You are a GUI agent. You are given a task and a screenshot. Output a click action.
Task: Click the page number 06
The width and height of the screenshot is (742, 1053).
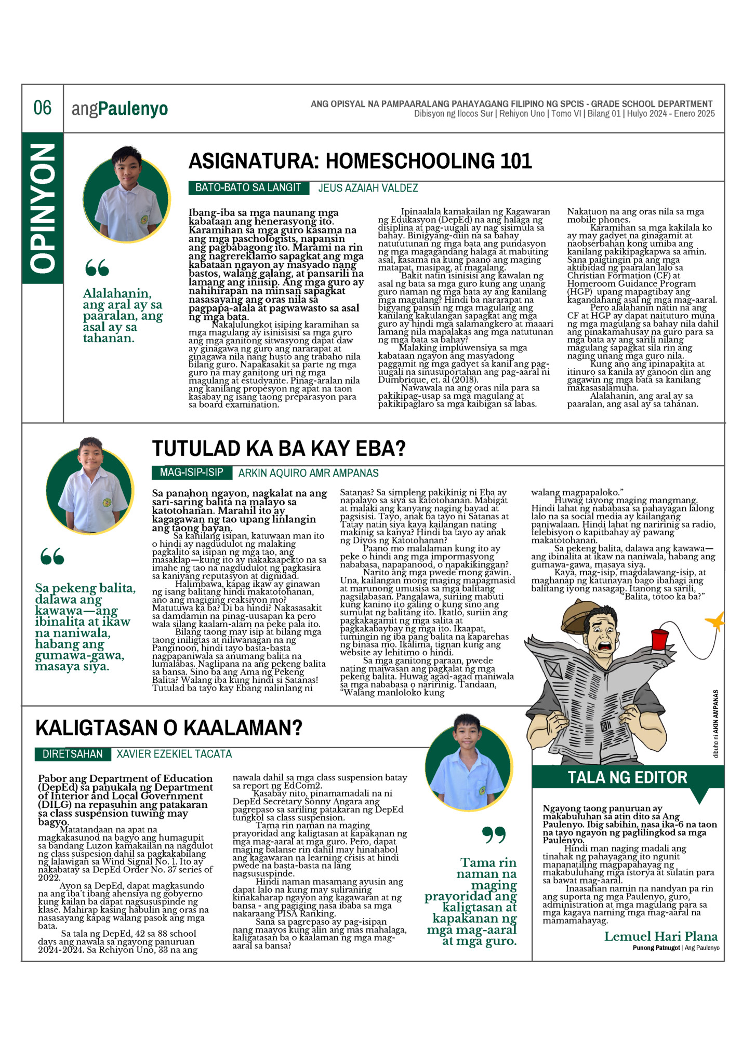pyautogui.click(x=43, y=108)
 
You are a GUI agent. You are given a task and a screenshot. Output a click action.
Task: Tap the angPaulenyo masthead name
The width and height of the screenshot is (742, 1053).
pyautogui.click(x=120, y=109)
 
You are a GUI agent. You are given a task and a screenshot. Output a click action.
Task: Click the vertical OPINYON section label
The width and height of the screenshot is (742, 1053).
pyautogui.click(x=43, y=208)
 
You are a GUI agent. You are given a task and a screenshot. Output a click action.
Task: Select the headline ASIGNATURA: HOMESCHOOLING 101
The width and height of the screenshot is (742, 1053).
pyautogui.click(x=360, y=161)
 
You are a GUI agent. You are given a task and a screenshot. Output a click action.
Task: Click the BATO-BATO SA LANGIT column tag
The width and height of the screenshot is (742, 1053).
pyautogui.click(x=248, y=188)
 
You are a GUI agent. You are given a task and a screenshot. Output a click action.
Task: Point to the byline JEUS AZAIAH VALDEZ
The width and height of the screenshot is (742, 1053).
pyautogui.click(x=368, y=188)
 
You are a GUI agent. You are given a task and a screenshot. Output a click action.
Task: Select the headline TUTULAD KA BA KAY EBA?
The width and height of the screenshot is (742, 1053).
pyautogui.click(x=279, y=449)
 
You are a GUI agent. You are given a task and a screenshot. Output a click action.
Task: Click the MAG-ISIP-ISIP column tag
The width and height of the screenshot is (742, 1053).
pyautogui.click(x=191, y=473)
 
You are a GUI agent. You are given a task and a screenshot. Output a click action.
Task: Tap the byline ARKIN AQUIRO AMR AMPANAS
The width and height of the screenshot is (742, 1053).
pyautogui.click(x=308, y=473)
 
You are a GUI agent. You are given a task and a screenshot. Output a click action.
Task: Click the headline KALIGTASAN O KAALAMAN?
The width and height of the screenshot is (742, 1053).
pyautogui.click(x=169, y=728)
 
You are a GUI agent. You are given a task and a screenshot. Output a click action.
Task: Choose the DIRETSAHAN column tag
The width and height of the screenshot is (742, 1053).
pyautogui.click(x=73, y=754)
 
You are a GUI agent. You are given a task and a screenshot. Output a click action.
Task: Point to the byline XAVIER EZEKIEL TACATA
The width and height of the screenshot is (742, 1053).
pyautogui.click(x=174, y=754)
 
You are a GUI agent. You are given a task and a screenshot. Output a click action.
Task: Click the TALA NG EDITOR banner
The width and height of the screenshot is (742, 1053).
pyautogui.click(x=627, y=777)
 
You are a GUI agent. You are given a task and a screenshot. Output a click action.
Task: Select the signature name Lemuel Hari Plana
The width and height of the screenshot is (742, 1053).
pyautogui.click(x=660, y=936)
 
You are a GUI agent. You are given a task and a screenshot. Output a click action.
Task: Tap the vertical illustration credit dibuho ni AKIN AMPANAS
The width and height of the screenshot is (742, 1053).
pyautogui.click(x=716, y=724)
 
